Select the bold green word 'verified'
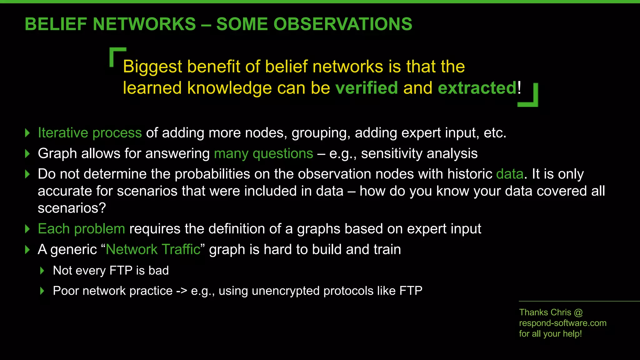point(366,88)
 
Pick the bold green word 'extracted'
point(477,88)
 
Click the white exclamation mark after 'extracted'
point(519,88)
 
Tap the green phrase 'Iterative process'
point(90,133)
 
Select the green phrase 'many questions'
point(263,153)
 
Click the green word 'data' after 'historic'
point(509,174)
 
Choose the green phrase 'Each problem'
point(81,229)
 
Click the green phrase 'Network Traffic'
point(153,249)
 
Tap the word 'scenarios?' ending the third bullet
point(72,208)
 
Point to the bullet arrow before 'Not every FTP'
point(42,271)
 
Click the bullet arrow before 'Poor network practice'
point(42,291)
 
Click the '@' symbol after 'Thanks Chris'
point(578,312)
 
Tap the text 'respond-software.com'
point(562,323)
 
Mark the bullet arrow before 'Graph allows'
point(27,153)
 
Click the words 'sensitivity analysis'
point(419,153)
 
